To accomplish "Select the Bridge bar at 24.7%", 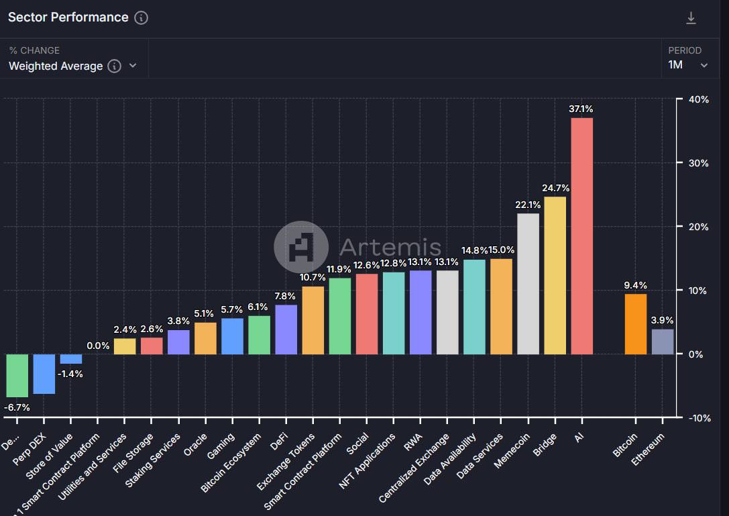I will pos(555,275).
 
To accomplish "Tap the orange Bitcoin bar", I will pos(636,324).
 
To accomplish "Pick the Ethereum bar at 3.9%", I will pos(663,342).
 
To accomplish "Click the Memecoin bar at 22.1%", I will pos(528,284).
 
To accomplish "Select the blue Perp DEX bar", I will pos(44,374).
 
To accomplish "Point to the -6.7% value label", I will pos(17,407).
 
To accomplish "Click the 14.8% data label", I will pos(474,250).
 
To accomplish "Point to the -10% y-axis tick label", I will pos(697,418).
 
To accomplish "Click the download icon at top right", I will pos(691,18).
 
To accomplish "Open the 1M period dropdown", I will pos(688,65).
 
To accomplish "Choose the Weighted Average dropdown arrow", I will pos(133,66).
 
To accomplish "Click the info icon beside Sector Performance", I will pos(141,18).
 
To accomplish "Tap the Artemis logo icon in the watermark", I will pos(301,248).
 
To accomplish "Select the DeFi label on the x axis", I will pos(277,443).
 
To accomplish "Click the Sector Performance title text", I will pos(68,17).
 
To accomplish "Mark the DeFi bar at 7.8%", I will pos(286,329).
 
